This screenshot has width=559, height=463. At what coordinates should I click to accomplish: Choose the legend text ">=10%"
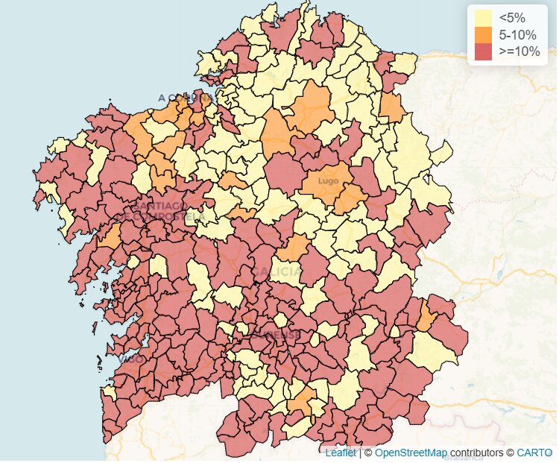519,51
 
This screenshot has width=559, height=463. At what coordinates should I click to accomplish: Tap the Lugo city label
328,180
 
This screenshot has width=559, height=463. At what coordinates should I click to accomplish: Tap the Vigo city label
131,359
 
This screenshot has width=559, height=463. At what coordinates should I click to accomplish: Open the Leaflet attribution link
341,453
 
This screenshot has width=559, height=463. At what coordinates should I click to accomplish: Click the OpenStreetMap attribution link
411,453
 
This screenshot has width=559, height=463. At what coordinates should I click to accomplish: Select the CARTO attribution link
535,453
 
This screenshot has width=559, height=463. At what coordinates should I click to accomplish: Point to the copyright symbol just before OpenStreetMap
368,453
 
